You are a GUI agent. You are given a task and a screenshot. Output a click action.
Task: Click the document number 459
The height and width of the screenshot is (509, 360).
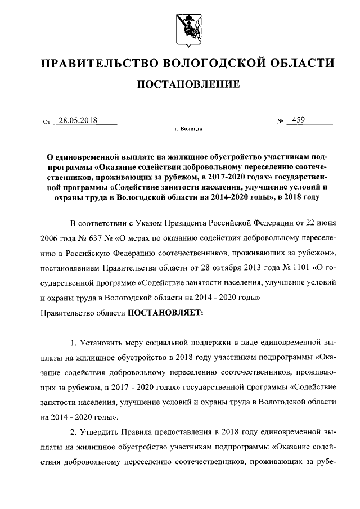click(x=296, y=120)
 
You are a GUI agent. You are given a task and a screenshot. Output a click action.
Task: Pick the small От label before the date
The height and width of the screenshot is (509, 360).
click(x=47, y=121)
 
